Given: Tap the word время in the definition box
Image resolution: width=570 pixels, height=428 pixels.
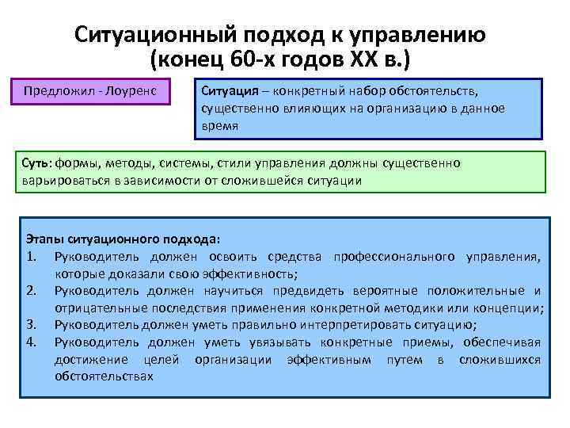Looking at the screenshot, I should coord(220,125).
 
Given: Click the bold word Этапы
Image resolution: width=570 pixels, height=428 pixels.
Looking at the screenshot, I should coord(44,238).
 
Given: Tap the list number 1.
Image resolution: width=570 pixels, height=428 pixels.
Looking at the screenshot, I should coord(31,256).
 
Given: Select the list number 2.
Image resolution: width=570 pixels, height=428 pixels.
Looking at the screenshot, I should coord(31,291).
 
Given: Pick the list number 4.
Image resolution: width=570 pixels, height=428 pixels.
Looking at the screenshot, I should coord(31,342).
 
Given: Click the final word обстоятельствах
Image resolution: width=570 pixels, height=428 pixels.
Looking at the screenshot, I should coord(103,376).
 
